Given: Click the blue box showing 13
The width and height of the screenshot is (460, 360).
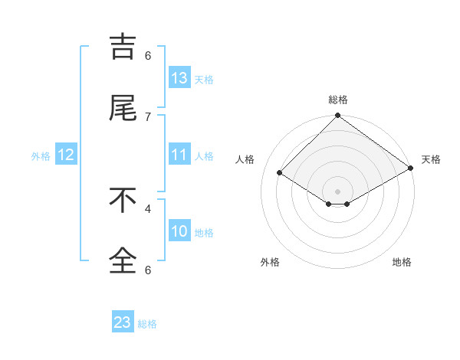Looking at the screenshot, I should click(179, 78).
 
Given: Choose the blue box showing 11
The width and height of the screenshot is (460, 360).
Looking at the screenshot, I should click(179, 155).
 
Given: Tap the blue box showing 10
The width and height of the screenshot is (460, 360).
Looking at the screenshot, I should click(179, 231).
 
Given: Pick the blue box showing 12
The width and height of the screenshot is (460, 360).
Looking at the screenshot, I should click(66, 155).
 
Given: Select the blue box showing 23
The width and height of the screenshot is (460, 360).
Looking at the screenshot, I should click(123, 322).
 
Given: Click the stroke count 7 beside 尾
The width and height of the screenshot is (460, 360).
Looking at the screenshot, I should click(148, 116).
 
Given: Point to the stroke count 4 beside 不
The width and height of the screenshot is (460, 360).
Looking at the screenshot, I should click(148, 208).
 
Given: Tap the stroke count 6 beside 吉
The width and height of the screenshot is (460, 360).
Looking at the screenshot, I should click(148, 55).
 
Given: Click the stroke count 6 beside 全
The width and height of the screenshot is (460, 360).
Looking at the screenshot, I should click(148, 269).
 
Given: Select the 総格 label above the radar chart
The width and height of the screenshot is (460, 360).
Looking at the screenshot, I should click(337, 100).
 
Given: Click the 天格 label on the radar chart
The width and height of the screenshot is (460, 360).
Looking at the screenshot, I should click(431, 159).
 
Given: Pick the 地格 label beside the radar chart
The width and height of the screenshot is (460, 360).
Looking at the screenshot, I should click(402, 262).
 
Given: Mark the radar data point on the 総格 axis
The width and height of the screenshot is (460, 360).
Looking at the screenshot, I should click(337, 116).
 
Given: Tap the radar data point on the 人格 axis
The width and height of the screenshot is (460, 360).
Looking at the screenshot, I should click(280, 173).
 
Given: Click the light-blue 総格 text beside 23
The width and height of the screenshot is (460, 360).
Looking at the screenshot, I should click(147, 324).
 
